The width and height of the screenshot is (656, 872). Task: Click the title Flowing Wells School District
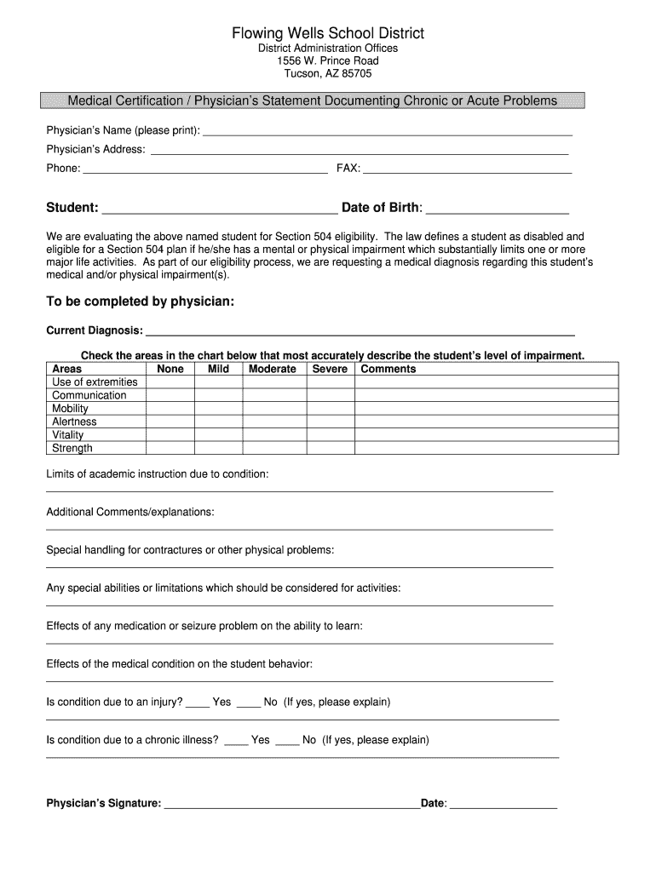[328, 33]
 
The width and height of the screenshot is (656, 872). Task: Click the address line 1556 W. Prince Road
[328, 61]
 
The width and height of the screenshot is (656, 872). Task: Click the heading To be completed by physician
[140, 301]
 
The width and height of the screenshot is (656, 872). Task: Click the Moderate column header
[273, 369]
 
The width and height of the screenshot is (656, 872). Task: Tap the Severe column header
[330, 369]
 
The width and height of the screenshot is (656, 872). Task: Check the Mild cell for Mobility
[218, 409]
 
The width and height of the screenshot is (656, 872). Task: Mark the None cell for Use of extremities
[170, 382]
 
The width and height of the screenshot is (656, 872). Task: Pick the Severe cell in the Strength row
[330, 448]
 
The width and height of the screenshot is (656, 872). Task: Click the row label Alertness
[75, 422]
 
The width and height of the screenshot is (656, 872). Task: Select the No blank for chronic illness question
[287, 741]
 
